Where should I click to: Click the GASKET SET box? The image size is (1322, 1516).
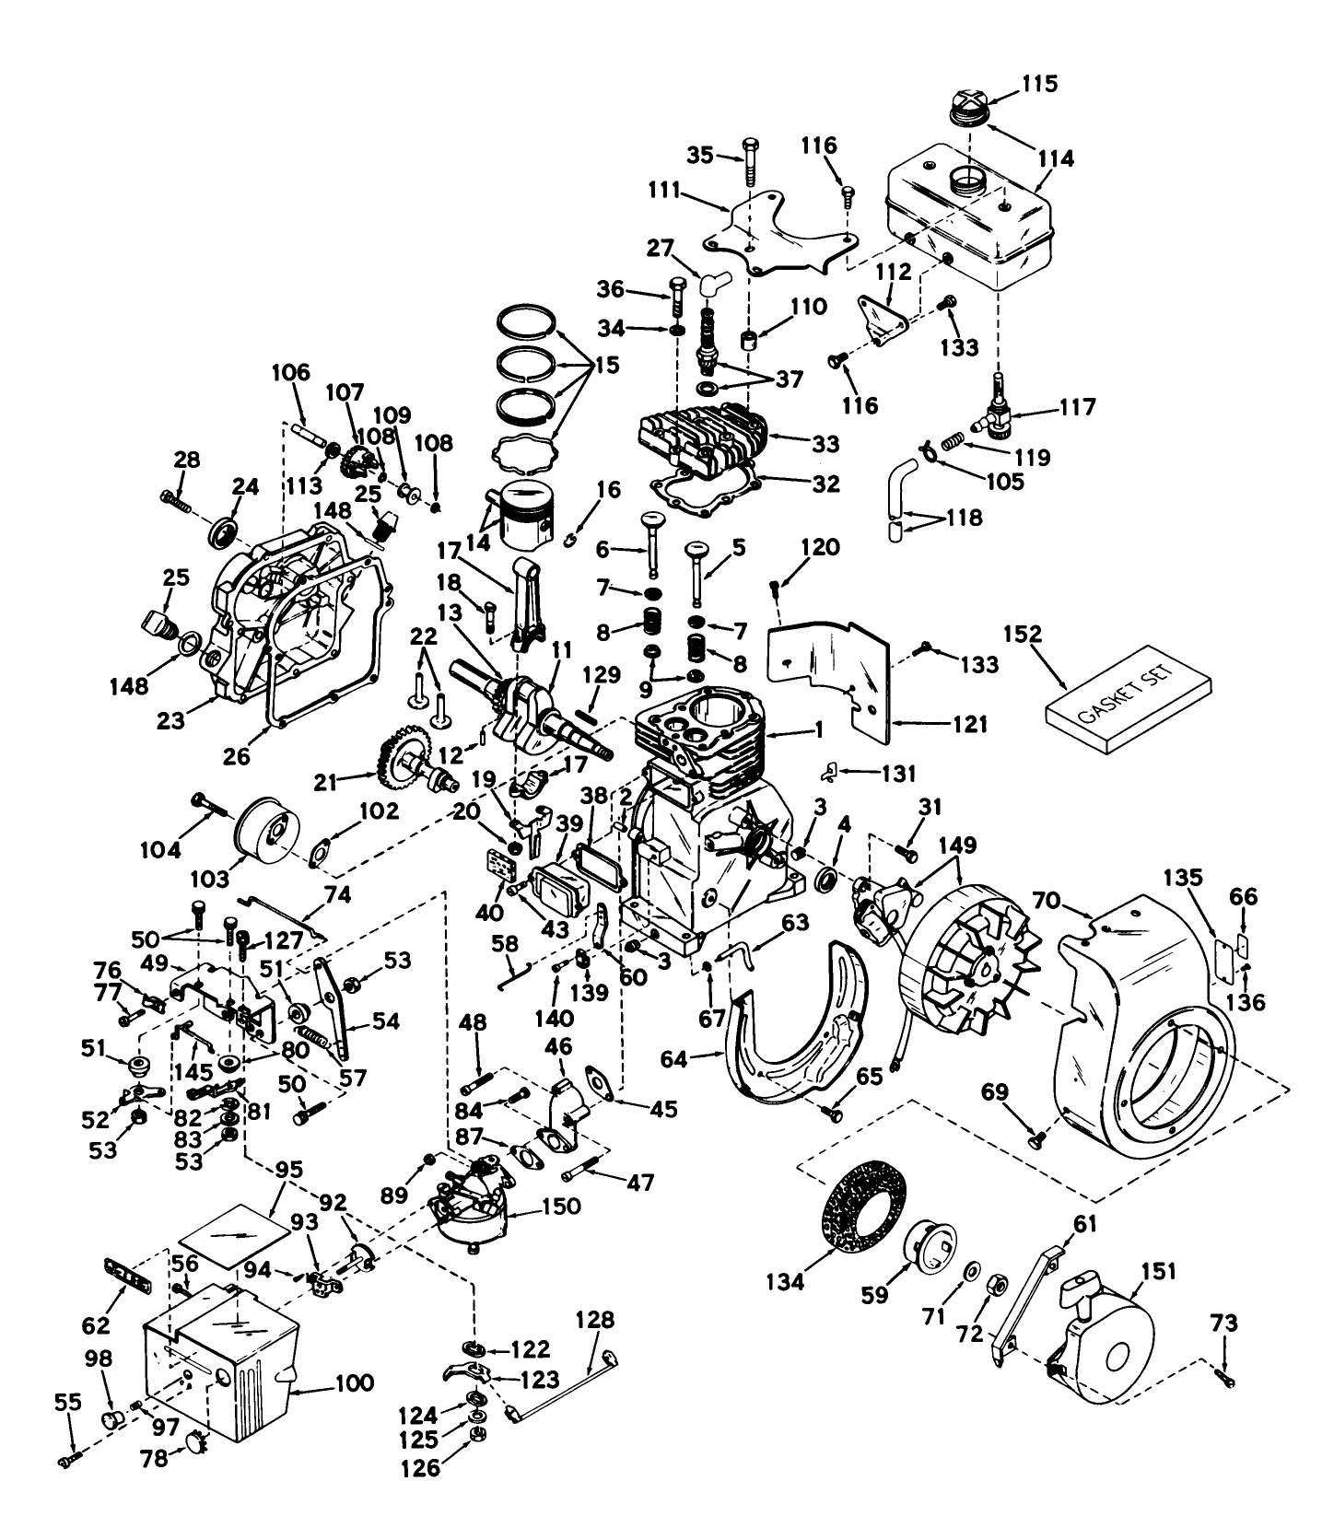click(x=1129, y=711)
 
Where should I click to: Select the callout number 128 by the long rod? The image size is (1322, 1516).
click(x=594, y=1320)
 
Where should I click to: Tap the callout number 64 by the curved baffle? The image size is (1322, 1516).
click(x=674, y=1059)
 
